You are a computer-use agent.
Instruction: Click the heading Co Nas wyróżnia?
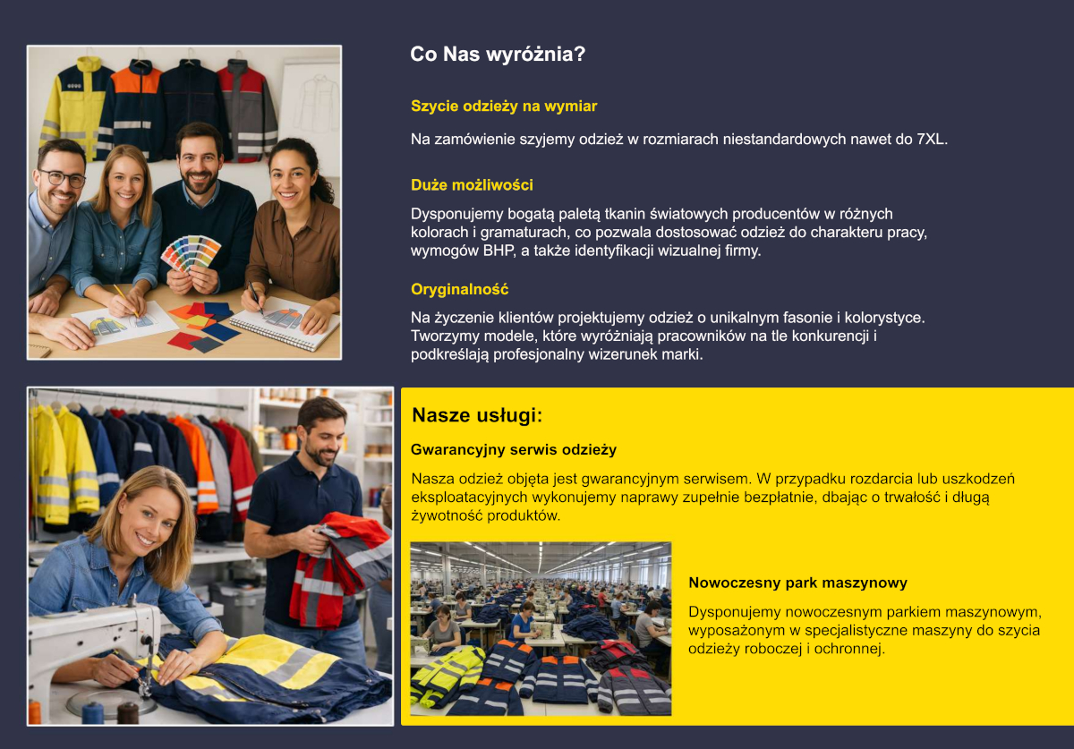(498, 55)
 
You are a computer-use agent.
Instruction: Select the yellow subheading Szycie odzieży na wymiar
(504, 106)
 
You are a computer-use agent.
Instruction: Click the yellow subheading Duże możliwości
(472, 185)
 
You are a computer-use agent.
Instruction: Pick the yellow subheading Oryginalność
(459, 290)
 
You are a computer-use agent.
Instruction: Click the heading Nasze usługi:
(478, 416)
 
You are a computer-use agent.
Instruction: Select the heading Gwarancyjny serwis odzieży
(513, 450)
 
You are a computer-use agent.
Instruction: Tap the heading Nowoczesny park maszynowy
(797, 583)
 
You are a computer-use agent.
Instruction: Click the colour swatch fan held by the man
(190, 251)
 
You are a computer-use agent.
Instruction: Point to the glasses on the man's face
(63, 178)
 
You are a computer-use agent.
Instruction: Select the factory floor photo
(540, 628)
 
